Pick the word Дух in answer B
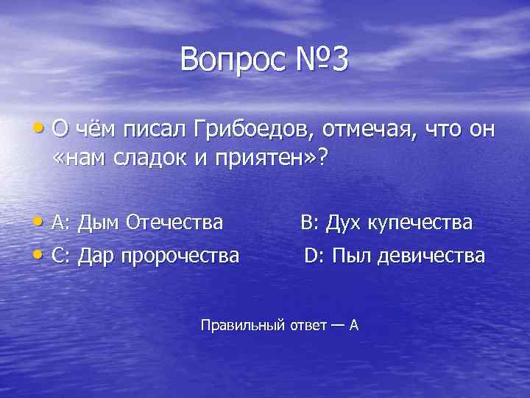click(x=343, y=222)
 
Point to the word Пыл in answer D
click(x=347, y=256)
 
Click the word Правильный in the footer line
click(x=241, y=324)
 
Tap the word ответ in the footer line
click(x=305, y=324)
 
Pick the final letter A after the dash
click(x=353, y=324)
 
